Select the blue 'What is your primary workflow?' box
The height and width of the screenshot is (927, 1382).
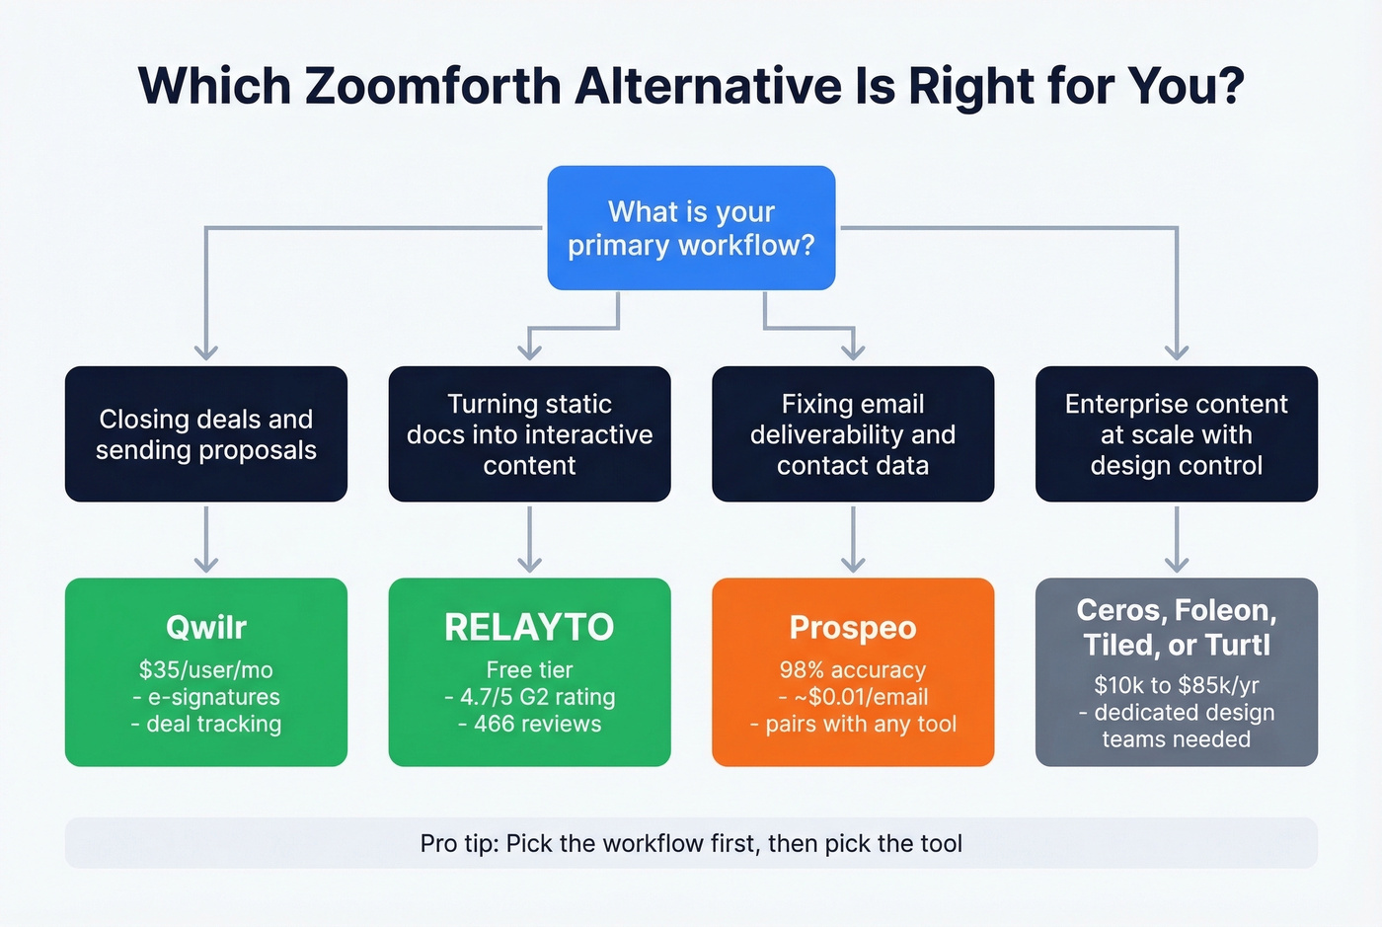click(691, 228)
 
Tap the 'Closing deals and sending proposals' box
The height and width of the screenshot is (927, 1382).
click(205, 434)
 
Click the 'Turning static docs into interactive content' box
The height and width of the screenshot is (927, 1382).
click(529, 434)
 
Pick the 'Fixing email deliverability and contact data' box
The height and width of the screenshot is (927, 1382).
click(853, 434)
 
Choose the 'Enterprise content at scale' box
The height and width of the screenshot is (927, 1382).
click(1176, 434)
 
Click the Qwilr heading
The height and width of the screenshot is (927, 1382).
click(205, 627)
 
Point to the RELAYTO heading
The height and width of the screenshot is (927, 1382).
click(529, 627)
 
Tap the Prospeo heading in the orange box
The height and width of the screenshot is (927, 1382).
click(853, 627)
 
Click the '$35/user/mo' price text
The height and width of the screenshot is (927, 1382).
click(205, 670)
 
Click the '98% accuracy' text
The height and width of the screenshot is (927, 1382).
click(853, 670)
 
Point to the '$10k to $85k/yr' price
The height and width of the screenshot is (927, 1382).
click(1176, 685)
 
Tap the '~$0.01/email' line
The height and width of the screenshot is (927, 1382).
click(859, 697)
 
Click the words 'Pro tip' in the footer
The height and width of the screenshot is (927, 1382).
click(459, 844)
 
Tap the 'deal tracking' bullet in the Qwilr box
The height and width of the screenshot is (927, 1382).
click(213, 724)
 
